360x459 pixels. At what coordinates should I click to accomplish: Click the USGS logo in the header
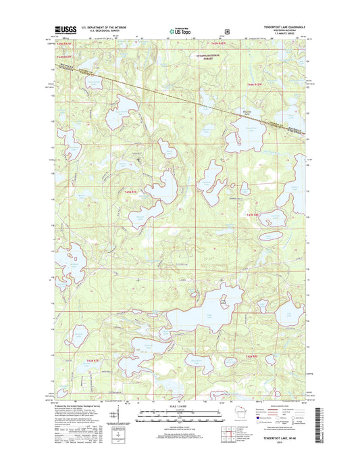(62, 30)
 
